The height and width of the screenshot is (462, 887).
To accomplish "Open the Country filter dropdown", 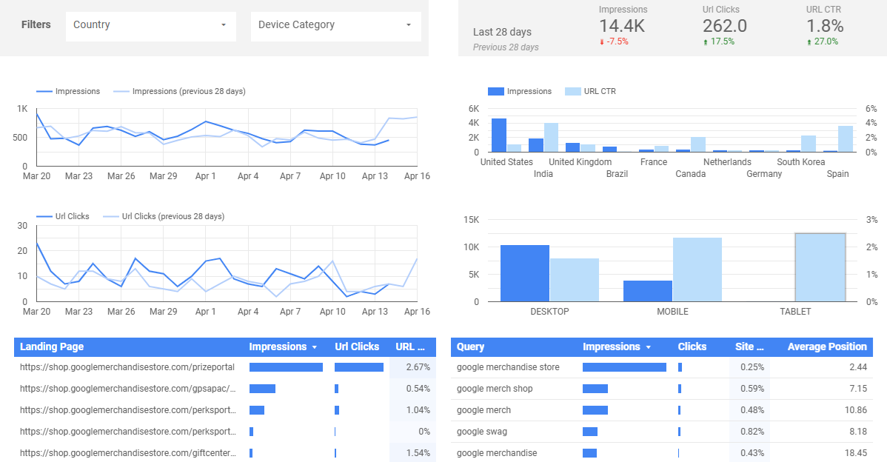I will click(150, 25).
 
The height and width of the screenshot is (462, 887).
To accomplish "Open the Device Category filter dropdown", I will click(335, 25).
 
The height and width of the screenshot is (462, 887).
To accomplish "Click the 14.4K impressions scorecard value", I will click(623, 25).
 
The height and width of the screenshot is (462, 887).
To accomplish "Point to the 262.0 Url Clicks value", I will click(724, 25).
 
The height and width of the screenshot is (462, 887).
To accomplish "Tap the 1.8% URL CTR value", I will click(825, 25).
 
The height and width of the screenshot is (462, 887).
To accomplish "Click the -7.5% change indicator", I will click(614, 41).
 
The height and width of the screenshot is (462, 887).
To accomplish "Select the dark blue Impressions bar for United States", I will click(499, 135).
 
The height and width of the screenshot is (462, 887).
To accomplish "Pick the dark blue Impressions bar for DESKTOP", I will click(525, 273).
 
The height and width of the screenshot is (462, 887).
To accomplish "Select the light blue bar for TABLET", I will click(820, 267).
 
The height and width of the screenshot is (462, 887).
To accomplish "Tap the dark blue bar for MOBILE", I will click(648, 291).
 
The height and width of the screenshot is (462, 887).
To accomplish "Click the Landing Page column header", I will click(52, 346).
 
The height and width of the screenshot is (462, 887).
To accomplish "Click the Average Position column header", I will click(827, 346).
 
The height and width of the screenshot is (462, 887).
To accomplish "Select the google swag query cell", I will click(482, 432).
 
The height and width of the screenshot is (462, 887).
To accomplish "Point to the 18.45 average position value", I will click(856, 453).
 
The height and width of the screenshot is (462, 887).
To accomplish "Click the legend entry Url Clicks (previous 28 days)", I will click(173, 216).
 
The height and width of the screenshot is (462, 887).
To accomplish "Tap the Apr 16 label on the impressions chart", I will click(417, 176).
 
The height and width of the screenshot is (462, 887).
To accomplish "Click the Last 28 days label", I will click(502, 32).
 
